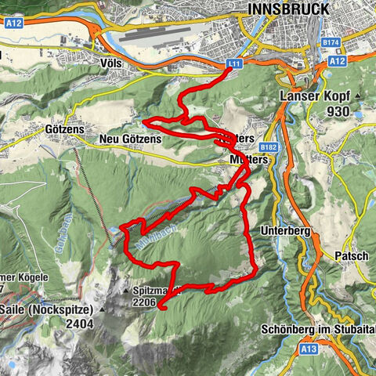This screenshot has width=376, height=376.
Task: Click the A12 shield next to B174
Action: tap(336, 60)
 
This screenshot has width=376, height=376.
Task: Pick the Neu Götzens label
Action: tap(130, 139)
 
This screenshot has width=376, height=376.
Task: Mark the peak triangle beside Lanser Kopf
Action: tap(358, 96)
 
